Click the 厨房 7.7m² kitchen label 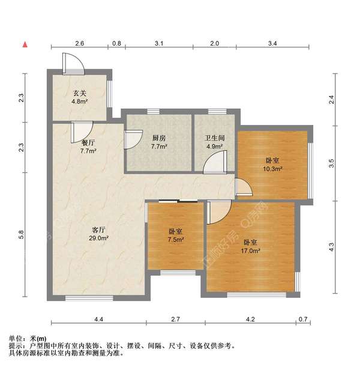[x=158, y=142]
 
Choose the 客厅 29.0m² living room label [x=99, y=234]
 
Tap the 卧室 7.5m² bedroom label [x=176, y=235]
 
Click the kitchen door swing [x=131, y=140]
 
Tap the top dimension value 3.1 [x=159, y=43]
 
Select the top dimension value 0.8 [x=116, y=43]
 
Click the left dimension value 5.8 [x=22, y=237]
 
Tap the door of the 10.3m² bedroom [x=244, y=189]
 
